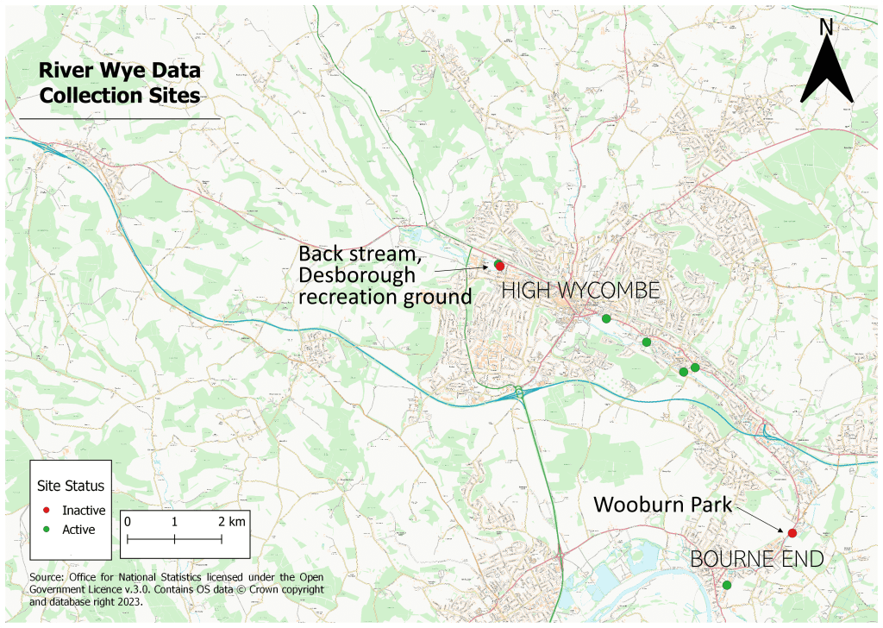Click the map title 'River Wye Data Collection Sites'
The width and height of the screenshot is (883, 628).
(120, 83)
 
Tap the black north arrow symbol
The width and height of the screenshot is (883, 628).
(826, 72)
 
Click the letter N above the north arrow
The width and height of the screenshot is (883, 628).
(826, 28)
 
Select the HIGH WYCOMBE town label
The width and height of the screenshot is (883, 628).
(580, 291)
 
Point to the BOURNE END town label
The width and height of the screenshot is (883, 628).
(757, 560)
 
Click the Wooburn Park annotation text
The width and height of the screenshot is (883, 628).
(662, 504)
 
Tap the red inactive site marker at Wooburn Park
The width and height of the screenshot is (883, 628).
(792, 533)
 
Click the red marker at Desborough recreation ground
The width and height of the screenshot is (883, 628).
(500, 266)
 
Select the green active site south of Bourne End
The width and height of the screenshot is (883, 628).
(726, 585)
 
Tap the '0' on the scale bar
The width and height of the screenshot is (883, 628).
(128, 522)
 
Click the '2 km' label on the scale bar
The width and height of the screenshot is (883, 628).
(231, 522)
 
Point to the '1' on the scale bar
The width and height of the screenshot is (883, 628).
(174, 522)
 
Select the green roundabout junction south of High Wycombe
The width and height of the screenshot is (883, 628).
(519, 394)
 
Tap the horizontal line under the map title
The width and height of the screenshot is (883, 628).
(120, 118)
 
